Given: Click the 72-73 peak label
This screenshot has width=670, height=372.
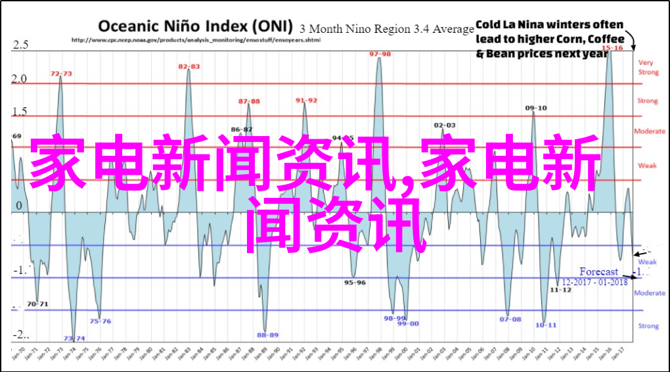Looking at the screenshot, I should click(62, 74).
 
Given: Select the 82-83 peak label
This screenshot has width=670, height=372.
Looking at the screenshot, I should click(189, 66).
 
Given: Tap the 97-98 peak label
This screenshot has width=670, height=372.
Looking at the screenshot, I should click(379, 54).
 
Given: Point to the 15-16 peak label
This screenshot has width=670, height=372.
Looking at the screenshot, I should click(612, 48).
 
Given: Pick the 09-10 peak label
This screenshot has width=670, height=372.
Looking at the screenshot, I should click(536, 108).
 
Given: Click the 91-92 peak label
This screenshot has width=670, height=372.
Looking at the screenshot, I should click(306, 100).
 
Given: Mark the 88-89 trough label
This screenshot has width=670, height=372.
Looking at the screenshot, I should click(267, 335).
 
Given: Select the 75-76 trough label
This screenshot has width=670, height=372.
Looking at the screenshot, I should click(100, 321).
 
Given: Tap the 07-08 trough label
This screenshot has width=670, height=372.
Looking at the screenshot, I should click(510, 319).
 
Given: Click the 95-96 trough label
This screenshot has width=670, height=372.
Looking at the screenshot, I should click(355, 282).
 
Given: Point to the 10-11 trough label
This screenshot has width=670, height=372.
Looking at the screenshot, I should click(546, 325).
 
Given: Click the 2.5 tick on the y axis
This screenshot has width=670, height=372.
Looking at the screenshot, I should click(20, 45).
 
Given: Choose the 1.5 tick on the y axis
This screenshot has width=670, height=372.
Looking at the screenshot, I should click(20, 112).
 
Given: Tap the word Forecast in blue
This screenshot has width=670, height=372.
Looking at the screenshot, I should click(598, 271).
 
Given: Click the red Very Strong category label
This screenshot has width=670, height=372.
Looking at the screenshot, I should click(647, 67).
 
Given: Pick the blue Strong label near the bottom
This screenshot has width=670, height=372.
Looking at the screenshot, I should click(648, 325).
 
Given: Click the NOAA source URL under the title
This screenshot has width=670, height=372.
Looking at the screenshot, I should click(195, 39).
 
